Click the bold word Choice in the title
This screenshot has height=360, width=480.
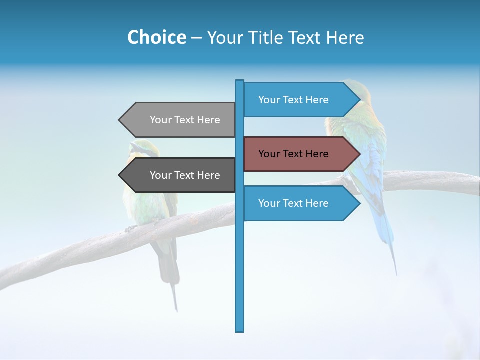[156, 37]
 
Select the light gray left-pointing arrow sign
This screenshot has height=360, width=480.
[180, 120]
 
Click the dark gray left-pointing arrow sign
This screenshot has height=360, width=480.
[180, 175]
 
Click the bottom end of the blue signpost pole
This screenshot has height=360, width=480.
[239, 329]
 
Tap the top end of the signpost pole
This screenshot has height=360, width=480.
[239, 82]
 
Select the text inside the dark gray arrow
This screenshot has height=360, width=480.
[185, 175]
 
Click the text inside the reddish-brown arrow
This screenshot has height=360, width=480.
[293, 154]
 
